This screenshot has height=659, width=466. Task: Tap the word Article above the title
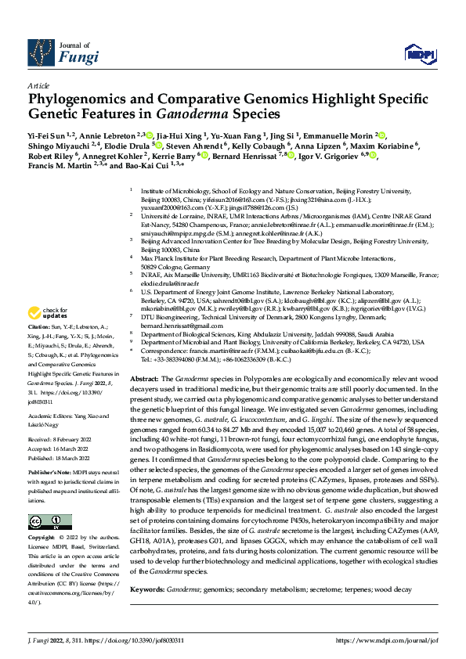[38, 85]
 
